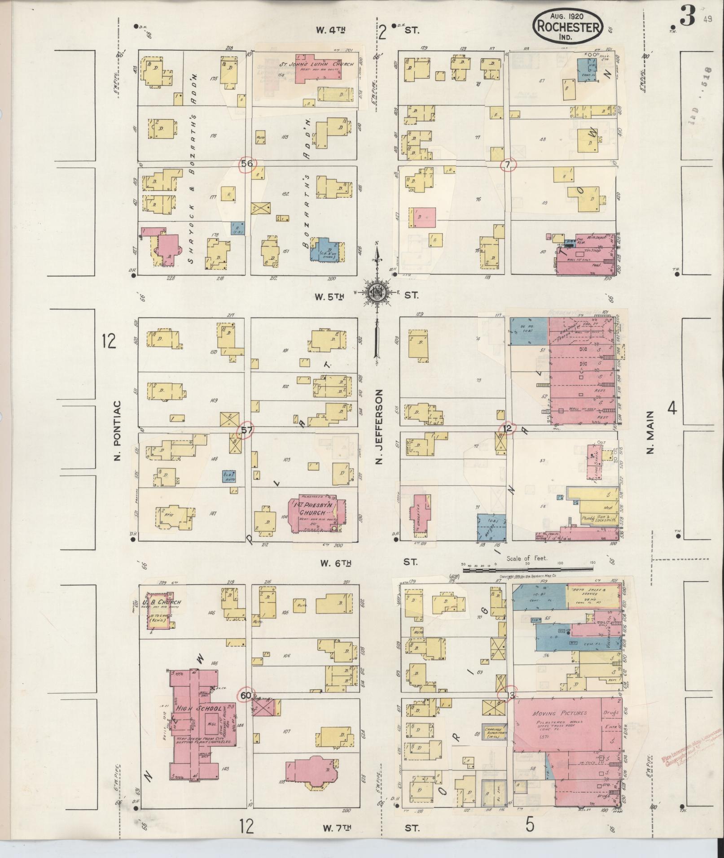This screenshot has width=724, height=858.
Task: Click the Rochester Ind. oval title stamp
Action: coord(568,27)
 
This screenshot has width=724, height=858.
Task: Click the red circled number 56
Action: coord(247,163)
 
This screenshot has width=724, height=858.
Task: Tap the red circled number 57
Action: coord(246,429)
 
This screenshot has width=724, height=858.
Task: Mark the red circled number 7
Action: coord(507,165)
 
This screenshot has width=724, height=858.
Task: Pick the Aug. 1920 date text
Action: coord(568,16)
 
